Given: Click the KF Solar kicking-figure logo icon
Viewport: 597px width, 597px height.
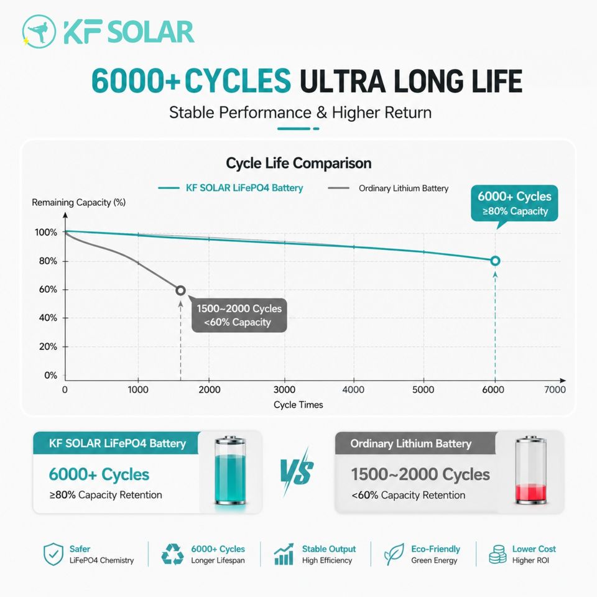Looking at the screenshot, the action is [x=39, y=32].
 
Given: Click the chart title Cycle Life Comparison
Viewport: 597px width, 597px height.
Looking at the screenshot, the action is [x=298, y=164].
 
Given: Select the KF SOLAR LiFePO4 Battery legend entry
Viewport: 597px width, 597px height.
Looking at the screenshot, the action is [x=231, y=188].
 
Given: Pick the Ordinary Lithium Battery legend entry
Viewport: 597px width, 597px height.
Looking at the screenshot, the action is [x=388, y=188].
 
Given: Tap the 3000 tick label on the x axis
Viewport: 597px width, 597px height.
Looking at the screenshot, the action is [x=284, y=389].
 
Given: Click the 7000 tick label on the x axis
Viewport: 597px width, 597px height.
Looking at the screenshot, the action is [x=555, y=389].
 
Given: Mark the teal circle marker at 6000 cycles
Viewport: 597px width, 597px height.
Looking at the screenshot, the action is [x=495, y=261].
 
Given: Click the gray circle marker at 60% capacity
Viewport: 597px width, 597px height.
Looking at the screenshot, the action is [x=180, y=290].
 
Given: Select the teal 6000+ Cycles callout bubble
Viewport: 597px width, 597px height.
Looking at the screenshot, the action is [x=514, y=204].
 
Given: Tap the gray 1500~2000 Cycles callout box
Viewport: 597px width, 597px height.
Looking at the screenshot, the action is [x=239, y=315].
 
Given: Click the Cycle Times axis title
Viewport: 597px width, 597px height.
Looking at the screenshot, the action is [x=298, y=405].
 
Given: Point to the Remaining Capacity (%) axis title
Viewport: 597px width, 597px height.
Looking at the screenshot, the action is [x=79, y=202].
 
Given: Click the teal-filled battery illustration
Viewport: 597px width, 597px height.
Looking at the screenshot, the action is [x=230, y=471].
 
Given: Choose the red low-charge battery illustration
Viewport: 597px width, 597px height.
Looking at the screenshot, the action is [x=530, y=471].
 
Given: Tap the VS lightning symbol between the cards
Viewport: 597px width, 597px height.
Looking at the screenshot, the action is [x=297, y=471].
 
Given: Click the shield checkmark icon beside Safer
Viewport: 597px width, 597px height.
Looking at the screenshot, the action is [x=53, y=554].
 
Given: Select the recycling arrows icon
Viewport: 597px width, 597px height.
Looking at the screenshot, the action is [x=172, y=554].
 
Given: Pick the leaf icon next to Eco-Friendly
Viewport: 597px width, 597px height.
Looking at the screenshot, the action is [x=394, y=554].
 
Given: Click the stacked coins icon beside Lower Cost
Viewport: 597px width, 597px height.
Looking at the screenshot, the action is [x=497, y=554].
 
